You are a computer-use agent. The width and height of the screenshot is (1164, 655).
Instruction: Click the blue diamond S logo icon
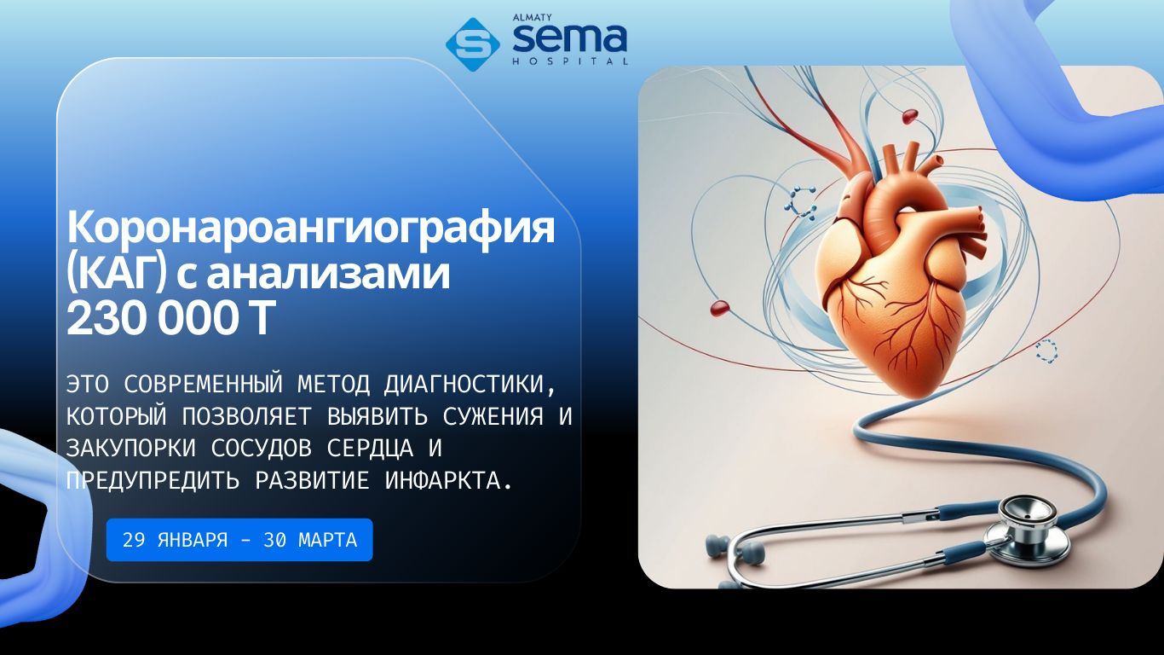[x=472, y=44]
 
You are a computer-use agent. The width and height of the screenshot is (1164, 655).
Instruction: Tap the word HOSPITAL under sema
[x=570, y=61]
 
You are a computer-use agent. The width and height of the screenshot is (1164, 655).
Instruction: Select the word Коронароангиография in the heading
[x=311, y=229]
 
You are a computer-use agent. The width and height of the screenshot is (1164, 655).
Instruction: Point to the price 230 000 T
[x=170, y=318]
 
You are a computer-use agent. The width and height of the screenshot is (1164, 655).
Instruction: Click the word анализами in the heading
[x=329, y=274]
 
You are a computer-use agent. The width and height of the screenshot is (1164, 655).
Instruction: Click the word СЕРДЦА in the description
[x=370, y=449]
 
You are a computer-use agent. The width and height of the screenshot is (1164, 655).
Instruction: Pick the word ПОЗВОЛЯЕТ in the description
[x=247, y=416]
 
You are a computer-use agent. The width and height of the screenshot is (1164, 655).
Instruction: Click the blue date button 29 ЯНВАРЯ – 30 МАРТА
[x=239, y=540]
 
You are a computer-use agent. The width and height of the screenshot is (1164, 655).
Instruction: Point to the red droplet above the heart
[x=909, y=116]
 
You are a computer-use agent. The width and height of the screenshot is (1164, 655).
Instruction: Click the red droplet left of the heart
[x=720, y=308]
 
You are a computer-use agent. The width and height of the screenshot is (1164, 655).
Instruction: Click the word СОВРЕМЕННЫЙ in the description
[x=204, y=385]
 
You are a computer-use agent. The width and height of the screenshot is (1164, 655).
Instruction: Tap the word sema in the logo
[x=569, y=38]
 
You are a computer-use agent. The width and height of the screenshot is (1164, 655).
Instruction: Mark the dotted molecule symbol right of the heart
[x=1046, y=351]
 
